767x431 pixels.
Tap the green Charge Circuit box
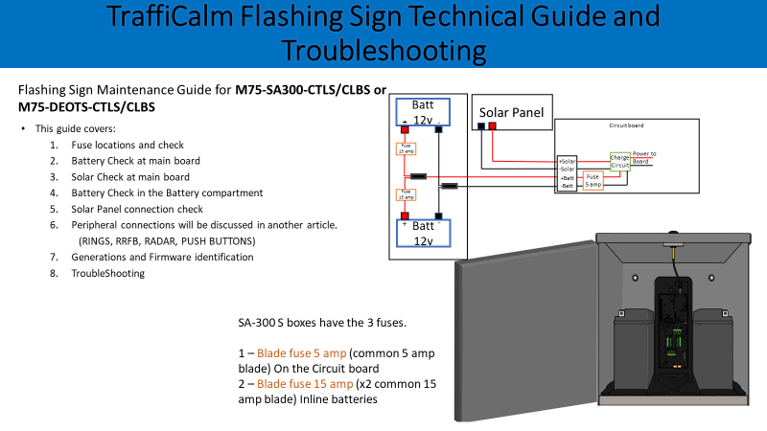pyautogui.click(x=620, y=160)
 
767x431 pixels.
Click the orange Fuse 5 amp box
pyautogui.click(x=593, y=180)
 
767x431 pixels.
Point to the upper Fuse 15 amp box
pyautogui.click(x=405, y=148)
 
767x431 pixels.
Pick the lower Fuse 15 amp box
pyautogui.click(x=405, y=196)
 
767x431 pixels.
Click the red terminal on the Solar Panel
pyautogui.click(x=492, y=126)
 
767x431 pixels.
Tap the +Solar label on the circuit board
pyautogui.click(x=568, y=162)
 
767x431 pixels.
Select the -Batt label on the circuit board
pyautogui.click(x=568, y=186)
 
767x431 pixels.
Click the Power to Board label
pyautogui.click(x=644, y=157)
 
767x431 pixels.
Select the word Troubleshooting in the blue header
pyautogui.click(x=383, y=50)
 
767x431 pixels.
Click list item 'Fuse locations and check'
pyautogui.click(x=127, y=145)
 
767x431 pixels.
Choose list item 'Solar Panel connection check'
pyautogui.click(x=137, y=209)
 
